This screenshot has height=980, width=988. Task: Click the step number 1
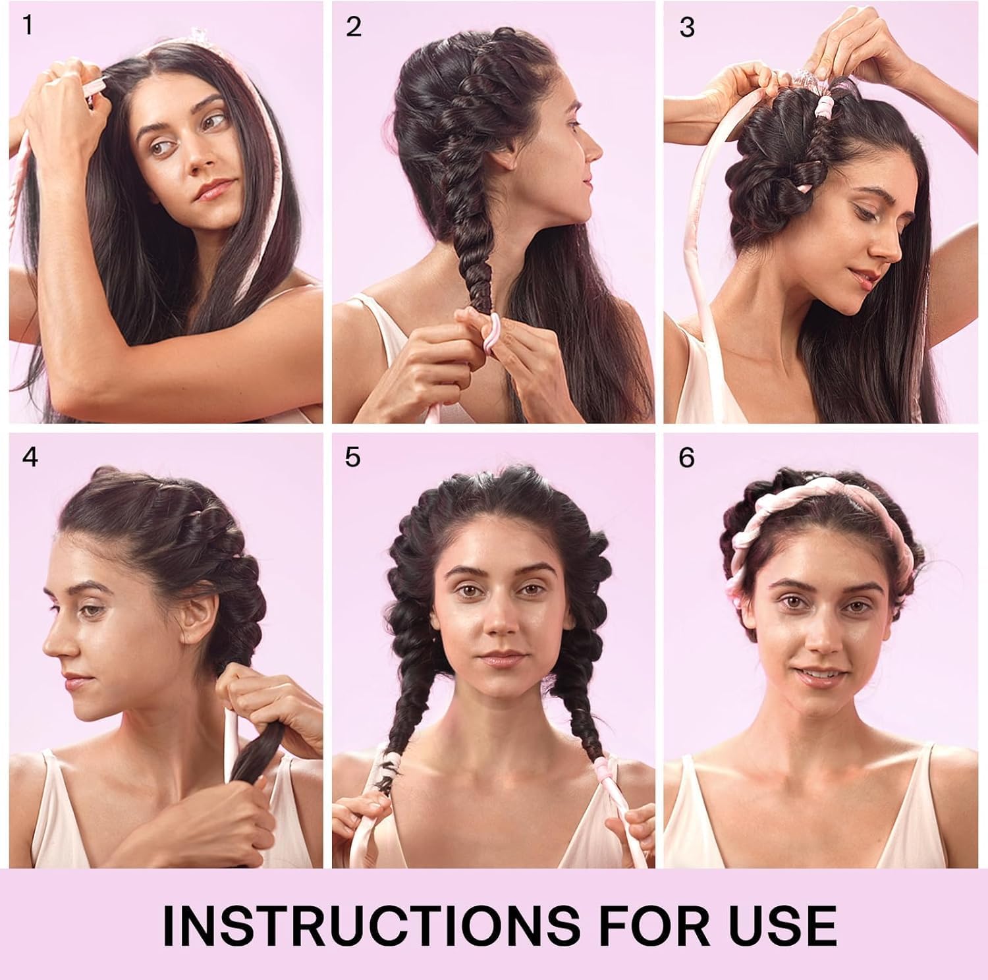(x=27, y=26)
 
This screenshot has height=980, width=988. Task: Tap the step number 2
(x=354, y=27)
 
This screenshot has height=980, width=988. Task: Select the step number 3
(x=687, y=28)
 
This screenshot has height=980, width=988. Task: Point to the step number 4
(x=30, y=457)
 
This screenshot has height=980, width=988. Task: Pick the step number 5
(x=353, y=457)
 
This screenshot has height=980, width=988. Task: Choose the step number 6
(x=687, y=457)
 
